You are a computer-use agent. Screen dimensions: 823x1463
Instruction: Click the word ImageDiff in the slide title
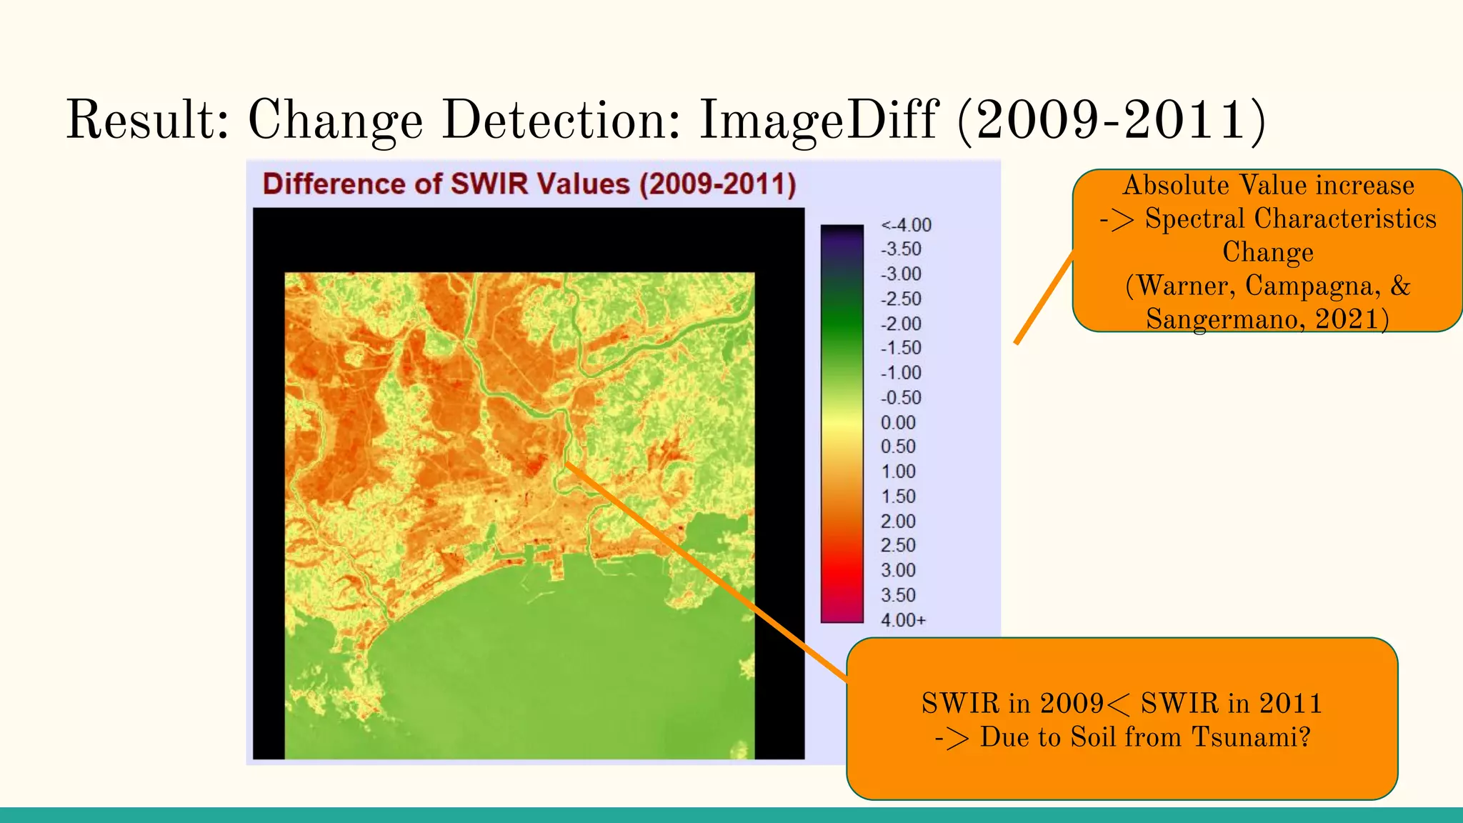click(x=817, y=120)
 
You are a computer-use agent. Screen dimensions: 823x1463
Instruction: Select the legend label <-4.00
click(x=906, y=225)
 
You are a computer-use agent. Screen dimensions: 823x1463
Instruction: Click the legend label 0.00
click(x=898, y=422)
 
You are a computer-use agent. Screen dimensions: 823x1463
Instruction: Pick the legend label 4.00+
click(x=903, y=620)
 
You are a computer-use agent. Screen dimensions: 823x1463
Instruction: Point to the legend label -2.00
click(x=901, y=324)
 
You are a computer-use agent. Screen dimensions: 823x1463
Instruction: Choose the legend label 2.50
click(x=898, y=546)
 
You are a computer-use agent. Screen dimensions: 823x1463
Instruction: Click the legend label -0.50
click(x=901, y=398)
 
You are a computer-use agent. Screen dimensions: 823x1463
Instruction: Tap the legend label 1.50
click(x=898, y=497)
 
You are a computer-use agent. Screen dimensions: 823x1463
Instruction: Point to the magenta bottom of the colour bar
click(x=842, y=616)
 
